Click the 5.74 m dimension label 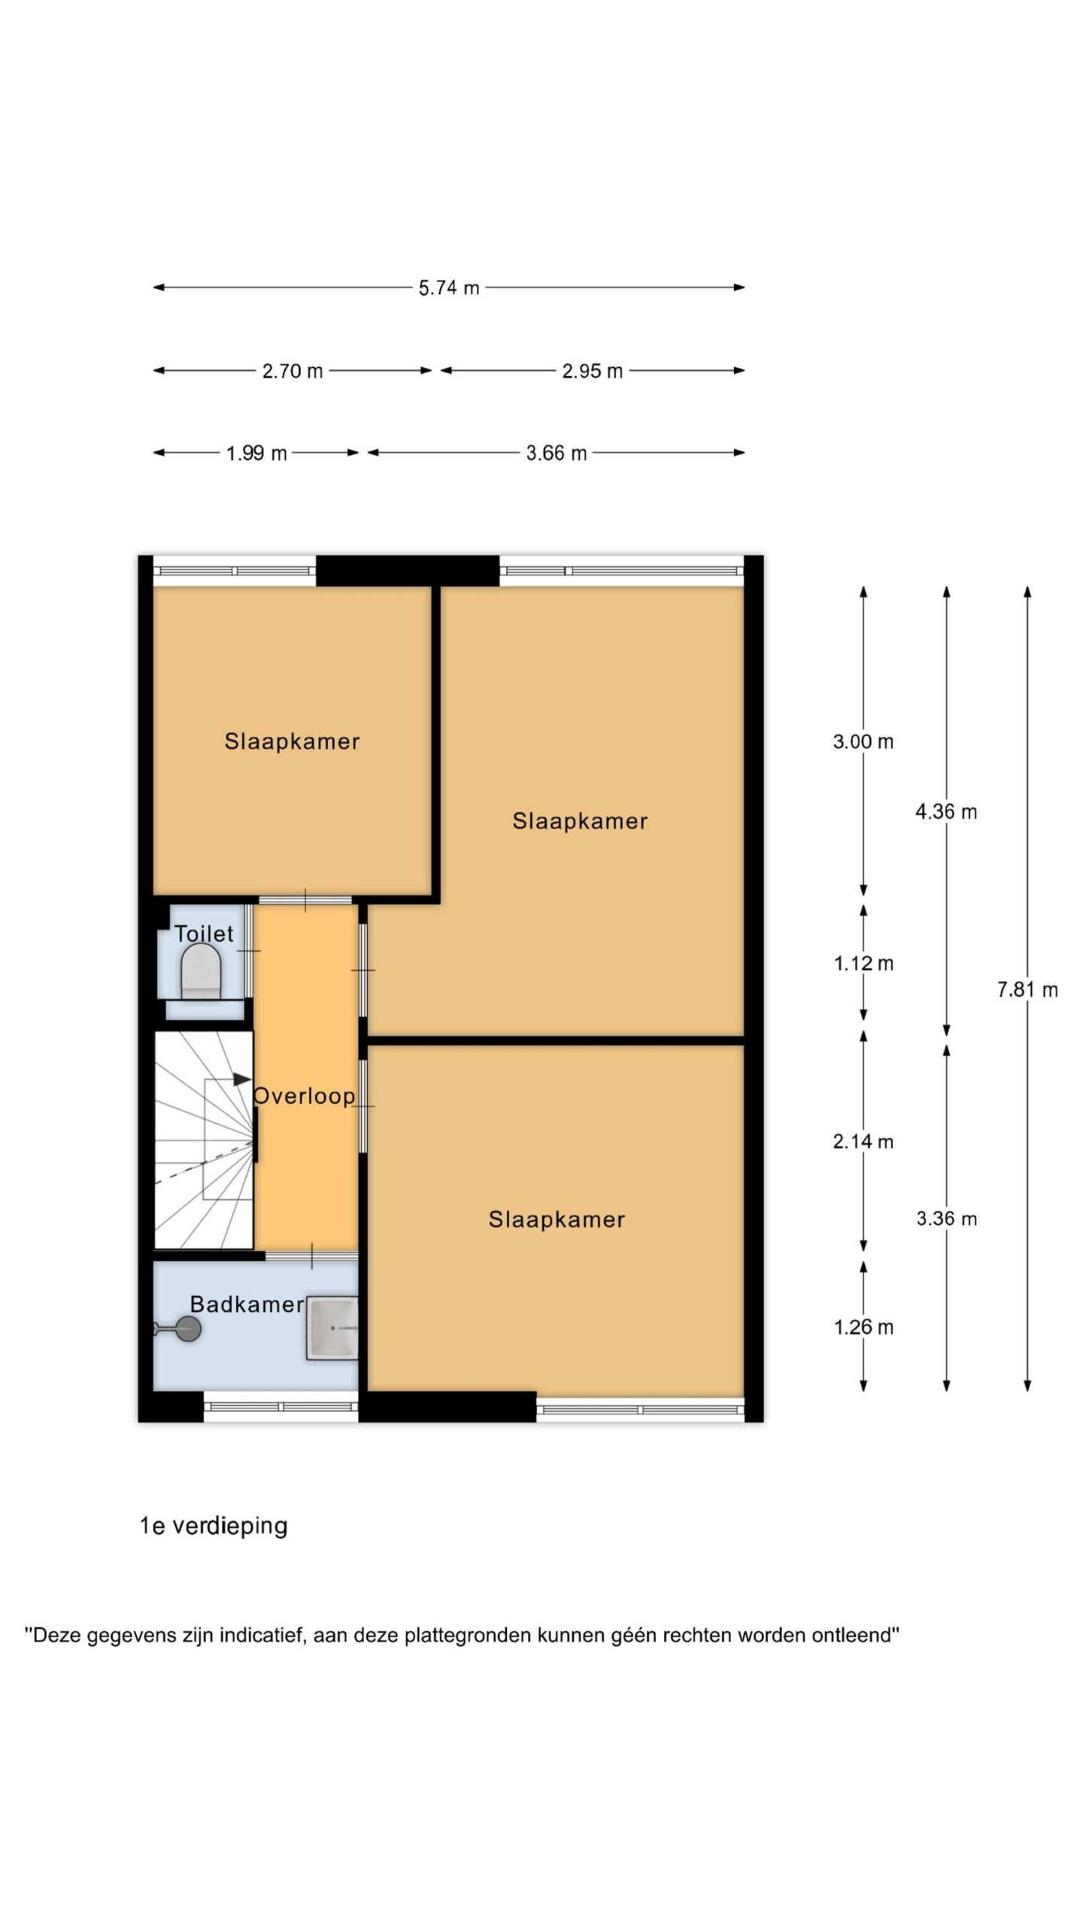[x=449, y=288]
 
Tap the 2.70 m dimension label [x=293, y=371]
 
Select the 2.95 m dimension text [x=593, y=371]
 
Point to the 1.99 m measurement [x=256, y=454]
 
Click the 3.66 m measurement [x=557, y=454]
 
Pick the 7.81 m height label [x=1027, y=990]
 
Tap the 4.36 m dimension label [x=946, y=812]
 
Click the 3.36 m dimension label [x=946, y=1219]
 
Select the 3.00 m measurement [x=863, y=742]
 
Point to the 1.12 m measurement [x=863, y=964]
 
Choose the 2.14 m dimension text [x=863, y=1142]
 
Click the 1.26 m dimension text [x=863, y=1327]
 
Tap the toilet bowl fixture [x=202, y=971]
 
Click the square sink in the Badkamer [x=332, y=1328]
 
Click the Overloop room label [x=304, y=1096]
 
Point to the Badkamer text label [x=247, y=1305]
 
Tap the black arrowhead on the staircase [x=242, y=1080]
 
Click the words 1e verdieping [x=214, y=1526]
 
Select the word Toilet [x=204, y=934]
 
